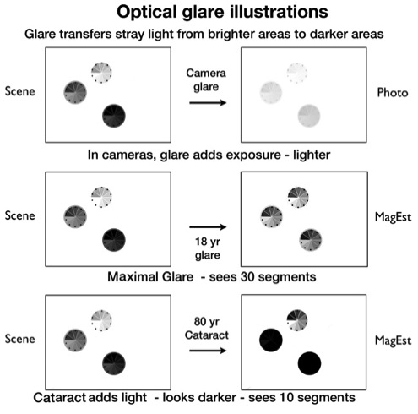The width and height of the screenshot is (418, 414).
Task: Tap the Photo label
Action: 393,93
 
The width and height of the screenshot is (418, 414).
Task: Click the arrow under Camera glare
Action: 208,103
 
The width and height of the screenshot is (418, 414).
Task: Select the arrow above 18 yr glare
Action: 208,226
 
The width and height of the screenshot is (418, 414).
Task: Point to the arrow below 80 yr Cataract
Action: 208,351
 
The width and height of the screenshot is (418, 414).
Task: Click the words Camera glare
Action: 206,80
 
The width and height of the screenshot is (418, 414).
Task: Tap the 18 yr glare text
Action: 208,248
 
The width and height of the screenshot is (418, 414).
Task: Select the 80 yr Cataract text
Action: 207,329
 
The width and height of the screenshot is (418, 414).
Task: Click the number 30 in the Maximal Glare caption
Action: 247,277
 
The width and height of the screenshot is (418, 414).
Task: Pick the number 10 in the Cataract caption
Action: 286,398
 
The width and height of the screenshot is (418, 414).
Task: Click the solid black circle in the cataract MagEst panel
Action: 309,363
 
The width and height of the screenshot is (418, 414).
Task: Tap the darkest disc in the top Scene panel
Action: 114,116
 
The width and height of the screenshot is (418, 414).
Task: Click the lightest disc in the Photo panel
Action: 297,74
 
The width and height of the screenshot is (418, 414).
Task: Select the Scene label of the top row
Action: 20,91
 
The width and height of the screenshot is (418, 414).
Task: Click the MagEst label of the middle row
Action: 393,217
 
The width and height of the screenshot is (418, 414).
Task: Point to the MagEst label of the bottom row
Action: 393,340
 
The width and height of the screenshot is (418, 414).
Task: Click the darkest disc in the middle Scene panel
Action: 114,240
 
